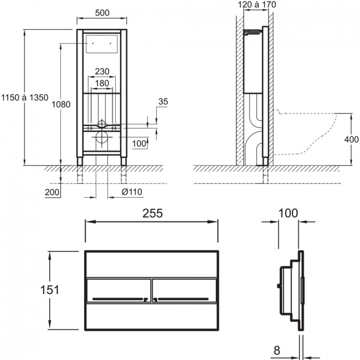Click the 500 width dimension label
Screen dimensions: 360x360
(102, 13)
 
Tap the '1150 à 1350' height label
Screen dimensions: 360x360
(25, 97)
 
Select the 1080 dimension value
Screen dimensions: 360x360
(61, 105)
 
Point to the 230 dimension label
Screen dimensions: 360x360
(102, 71)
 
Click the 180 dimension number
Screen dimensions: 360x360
(102, 83)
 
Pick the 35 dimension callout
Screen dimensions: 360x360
(163, 101)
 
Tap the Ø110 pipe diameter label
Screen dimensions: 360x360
(132, 192)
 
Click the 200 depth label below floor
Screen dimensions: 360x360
(52, 192)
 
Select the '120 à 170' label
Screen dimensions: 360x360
(257, 4)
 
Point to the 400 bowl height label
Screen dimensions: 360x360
(351, 139)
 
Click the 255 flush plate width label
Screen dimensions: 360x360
(153, 213)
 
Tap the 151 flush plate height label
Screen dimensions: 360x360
(50, 290)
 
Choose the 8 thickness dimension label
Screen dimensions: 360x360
(277, 351)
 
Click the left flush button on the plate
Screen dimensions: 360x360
(119, 290)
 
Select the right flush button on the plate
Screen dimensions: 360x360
(184, 290)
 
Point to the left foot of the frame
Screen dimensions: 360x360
(80, 161)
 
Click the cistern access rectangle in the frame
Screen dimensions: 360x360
(102, 44)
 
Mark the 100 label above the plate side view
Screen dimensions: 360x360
(288, 213)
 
